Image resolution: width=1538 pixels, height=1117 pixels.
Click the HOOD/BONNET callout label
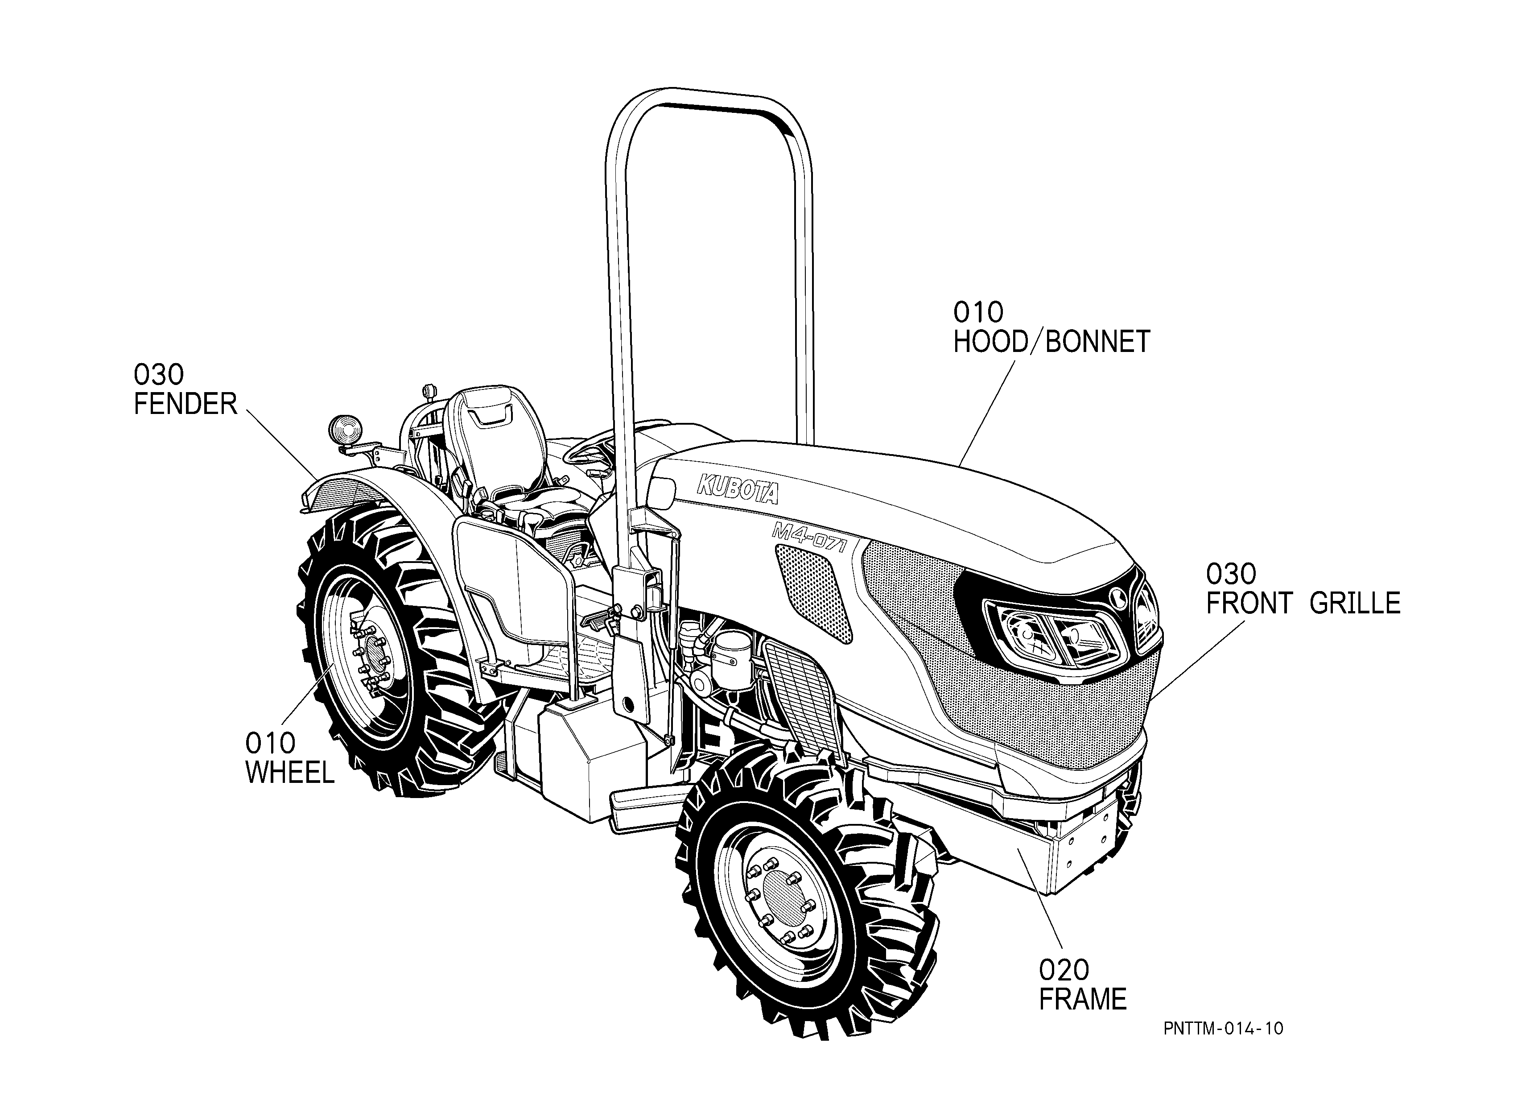tap(1052, 342)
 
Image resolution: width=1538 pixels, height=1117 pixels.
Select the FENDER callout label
tap(185, 404)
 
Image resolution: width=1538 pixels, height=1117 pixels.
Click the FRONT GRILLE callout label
tap(1303, 603)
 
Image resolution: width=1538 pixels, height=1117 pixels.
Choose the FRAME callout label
tap(1083, 999)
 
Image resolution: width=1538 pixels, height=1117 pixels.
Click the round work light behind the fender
tap(346, 429)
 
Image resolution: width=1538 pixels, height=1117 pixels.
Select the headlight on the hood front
tap(1055, 634)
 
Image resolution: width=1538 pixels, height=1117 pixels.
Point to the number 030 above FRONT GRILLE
tap(1231, 575)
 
